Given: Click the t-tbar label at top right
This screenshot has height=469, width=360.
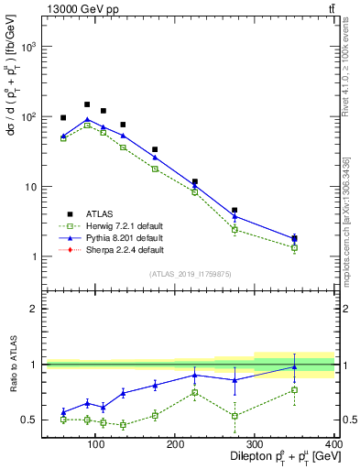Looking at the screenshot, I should [330, 8].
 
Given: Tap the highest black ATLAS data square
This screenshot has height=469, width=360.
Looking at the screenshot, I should [87, 104].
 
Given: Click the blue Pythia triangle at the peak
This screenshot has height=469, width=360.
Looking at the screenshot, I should [87, 119].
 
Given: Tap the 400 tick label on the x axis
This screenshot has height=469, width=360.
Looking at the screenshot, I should [334, 443].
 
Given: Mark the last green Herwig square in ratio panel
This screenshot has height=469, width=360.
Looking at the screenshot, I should [320, 390].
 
